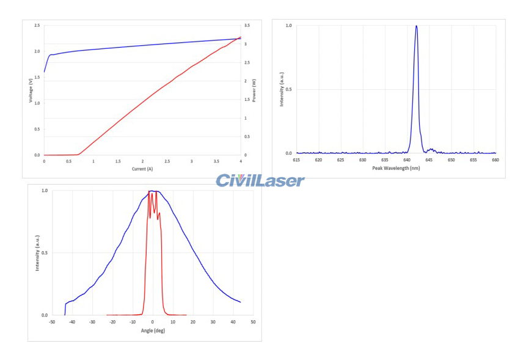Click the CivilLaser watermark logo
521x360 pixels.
pyautogui.click(x=260, y=180)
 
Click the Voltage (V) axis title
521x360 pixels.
pyautogui.click(x=31, y=90)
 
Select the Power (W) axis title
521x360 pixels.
pyautogui.click(x=254, y=90)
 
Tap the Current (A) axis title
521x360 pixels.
pyautogui.click(x=142, y=168)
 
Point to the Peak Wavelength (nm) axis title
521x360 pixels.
pyautogui.click(x=395, y=167)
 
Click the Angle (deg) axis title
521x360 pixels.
pyautogui.click(x=153, y=330)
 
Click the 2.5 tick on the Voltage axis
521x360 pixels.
pyautogui.click(x=37, y=26)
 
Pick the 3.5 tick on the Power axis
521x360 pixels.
pyautogui.click(x=247, y=26)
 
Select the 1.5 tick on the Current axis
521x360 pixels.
pyautogui.click(x=118, y=161)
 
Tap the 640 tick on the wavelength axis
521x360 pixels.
pyautogui.click(x=407, y=160)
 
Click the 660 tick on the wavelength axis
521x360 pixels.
pyautogui.click(x=495, y=160)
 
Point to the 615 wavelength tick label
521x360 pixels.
pyautogui.click(x=296, y=160)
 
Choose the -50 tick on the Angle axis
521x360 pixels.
pyautogui.click(x=52, y=321)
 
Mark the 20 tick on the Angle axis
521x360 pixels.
pyautogui.click(x=192, y=321)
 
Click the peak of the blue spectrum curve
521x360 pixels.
pyautogui.click(x=416, y=26)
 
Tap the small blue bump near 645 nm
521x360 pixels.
pyautogui.click(x=431, y=149)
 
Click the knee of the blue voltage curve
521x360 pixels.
pyautogui.click(x=50, y=55)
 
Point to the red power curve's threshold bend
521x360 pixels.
pyautogui.click(x=78, y=154)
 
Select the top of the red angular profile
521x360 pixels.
pyautogui.click(x=153, y=193)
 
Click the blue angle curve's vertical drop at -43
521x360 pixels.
pyautogui.click(x=65, y=309)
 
